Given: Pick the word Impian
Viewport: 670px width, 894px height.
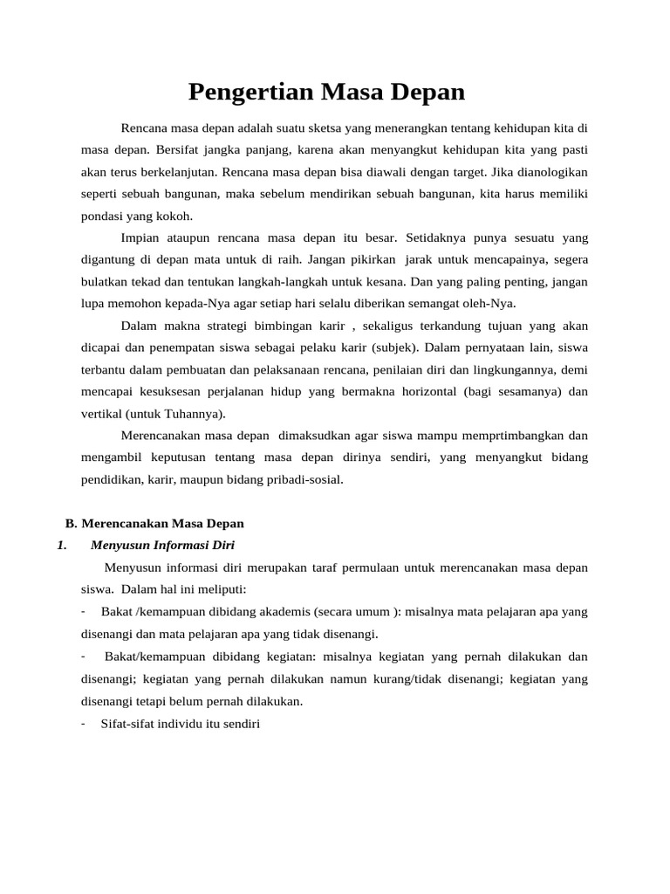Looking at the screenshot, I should click(x=140, y=237).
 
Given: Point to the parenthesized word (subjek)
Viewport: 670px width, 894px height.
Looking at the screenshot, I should click(x=393, y=347).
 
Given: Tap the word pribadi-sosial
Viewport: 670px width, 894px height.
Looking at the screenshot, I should click(x=305, y=479).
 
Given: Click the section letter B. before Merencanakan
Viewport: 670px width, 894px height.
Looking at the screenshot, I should click(x=72, y=524).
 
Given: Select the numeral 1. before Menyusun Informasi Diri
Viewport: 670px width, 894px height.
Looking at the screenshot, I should click(x=61, y=546).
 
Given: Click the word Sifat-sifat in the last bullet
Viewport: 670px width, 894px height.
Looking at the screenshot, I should click(x=126, y=723).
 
